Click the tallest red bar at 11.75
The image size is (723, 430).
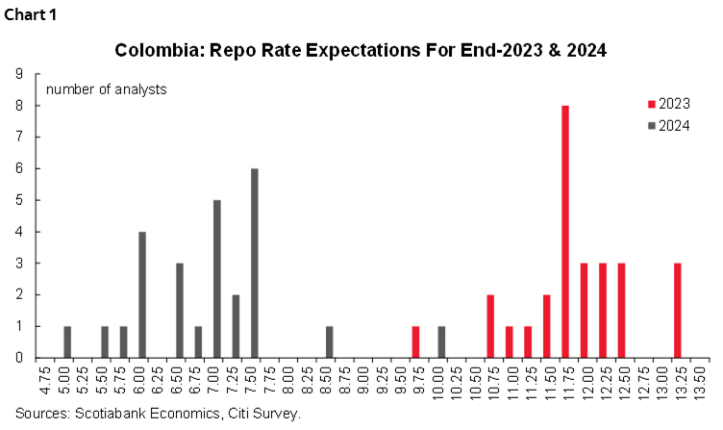coord(565,231)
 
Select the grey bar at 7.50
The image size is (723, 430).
coord(255,263)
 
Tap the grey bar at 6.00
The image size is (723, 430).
coord(142,294)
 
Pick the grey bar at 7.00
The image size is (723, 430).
coord(217,279)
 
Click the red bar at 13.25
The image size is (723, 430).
coord(678,310)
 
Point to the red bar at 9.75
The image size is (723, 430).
coord(415,341)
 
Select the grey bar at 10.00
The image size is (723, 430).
coord(441,341)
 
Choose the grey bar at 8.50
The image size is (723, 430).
coord(329,341)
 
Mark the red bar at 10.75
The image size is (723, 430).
coord(490,326)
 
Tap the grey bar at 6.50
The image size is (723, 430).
coord(180,310)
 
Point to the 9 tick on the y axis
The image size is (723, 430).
coord(20,74)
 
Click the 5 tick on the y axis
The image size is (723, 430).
coord(20,200)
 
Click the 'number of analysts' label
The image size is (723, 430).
coord(106,89)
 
